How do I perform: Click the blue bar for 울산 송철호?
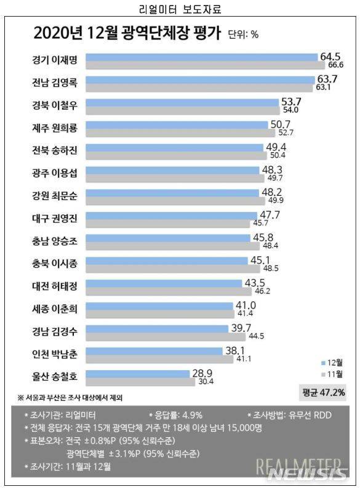point(138,373)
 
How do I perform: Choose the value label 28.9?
point(201,373)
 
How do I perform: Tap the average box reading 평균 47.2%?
point(324,392)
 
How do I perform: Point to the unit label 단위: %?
point(243,34)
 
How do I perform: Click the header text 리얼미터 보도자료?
point(180,9)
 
